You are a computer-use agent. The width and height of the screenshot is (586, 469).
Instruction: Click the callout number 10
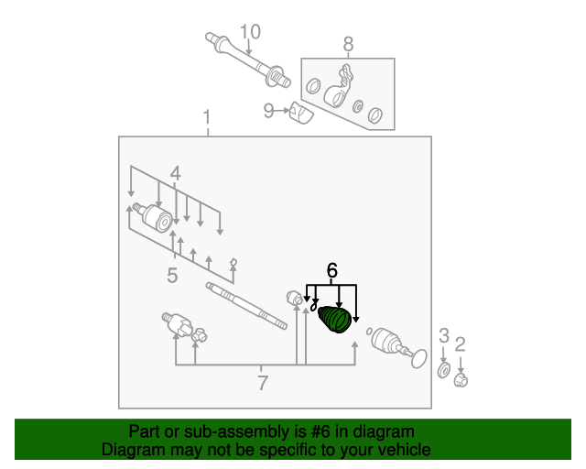[x=250, y=32]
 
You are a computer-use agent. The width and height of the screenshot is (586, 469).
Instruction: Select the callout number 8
[x=348, y=44]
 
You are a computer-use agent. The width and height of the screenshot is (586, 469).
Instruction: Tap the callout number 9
[x=268, y=111]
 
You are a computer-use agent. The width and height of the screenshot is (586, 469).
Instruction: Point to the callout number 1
[x=207, y=117]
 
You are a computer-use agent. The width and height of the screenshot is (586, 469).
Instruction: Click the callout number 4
[x=175, y=174]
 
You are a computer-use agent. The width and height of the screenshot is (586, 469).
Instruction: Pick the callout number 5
[x=172, y=276]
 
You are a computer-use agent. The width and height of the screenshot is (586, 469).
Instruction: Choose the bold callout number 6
[x=331, y=270]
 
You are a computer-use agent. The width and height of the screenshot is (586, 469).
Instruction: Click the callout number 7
[x=263, y=383]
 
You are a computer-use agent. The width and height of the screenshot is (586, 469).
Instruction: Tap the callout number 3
[x=443, y=335]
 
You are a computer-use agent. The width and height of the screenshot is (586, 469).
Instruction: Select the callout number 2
[x=460, y=344]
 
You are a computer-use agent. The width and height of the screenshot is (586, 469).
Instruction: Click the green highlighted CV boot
[x=334, y=319]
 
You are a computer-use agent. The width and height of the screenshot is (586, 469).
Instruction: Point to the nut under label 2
[x=461, y=380]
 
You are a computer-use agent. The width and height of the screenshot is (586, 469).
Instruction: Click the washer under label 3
[x=443, y=370]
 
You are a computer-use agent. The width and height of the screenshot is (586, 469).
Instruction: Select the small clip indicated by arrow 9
[x=301, y=113]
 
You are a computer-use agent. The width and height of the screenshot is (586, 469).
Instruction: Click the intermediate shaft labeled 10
[x=247, y=60]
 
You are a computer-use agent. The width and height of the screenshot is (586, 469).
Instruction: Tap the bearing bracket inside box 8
[x=339, y=87]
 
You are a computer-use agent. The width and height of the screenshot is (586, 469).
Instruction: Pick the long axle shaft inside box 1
[x=246, y=306]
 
